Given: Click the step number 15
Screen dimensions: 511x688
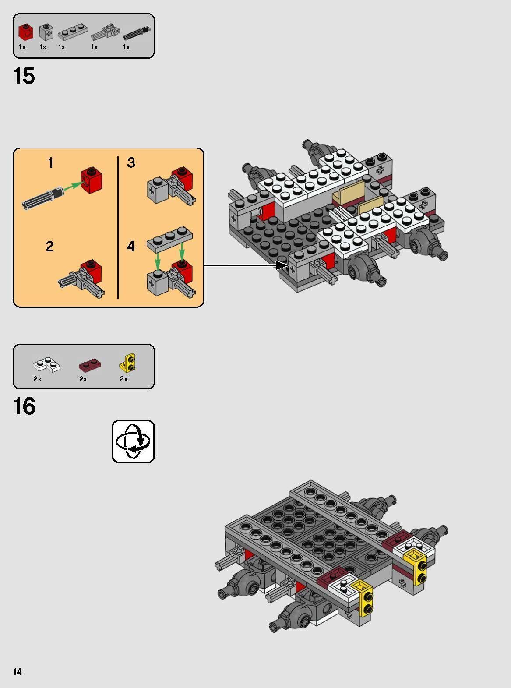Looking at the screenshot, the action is (x=24, y=76).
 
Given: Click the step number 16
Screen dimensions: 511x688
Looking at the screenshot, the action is (x=24, y=406).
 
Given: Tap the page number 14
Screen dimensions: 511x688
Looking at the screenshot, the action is (x=18, y=671).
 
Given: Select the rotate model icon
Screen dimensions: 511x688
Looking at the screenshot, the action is (x=133, y=441).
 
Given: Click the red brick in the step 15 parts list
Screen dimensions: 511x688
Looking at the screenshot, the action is (x=25, y=32).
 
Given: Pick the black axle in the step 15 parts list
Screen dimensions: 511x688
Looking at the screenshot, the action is (x=137, y=33).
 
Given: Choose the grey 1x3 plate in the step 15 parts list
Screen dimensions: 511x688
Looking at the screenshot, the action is (x=72, y=32).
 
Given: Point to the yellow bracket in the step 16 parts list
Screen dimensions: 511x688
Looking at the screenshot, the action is (x=127, y=363).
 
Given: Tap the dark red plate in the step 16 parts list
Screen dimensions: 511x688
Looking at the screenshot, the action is (x=89, y=365).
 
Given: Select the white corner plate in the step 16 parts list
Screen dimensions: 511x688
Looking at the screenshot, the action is (x=46, y=364).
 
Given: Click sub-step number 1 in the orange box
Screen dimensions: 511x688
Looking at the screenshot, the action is (x=50, y=163).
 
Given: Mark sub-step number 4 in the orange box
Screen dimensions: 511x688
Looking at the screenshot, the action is (x=131, y=247).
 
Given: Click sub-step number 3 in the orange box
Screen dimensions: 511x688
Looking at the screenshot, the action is (x=131, y=163).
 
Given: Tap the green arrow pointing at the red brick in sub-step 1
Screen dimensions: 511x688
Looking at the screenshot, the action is (x=73, y=186).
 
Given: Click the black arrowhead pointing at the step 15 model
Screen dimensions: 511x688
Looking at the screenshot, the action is (x=282, y=265).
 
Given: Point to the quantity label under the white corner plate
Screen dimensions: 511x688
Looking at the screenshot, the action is (x=37, y=379).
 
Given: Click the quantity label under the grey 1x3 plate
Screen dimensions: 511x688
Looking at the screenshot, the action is (x=62, y=47).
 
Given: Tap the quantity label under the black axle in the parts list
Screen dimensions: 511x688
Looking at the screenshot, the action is (x=127, y=47).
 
